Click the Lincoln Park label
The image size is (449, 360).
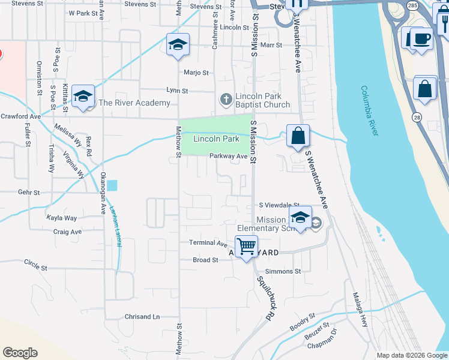[216, 139]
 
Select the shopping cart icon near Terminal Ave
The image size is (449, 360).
[246, 245]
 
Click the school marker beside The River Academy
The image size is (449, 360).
[83, 96]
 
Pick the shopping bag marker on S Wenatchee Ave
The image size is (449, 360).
[298, 136]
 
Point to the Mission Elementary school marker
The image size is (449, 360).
[300, 218]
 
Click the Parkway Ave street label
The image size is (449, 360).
[229, 156]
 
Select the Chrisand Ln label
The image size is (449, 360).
[142, 316]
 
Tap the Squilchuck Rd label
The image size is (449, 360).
[265, 298]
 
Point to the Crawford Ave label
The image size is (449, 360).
[20, 116]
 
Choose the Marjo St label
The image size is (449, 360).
[196, 73]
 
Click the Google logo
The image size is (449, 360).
[20, 353]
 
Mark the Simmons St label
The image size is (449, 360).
[283, 271]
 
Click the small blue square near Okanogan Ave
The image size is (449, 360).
[113, 186]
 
